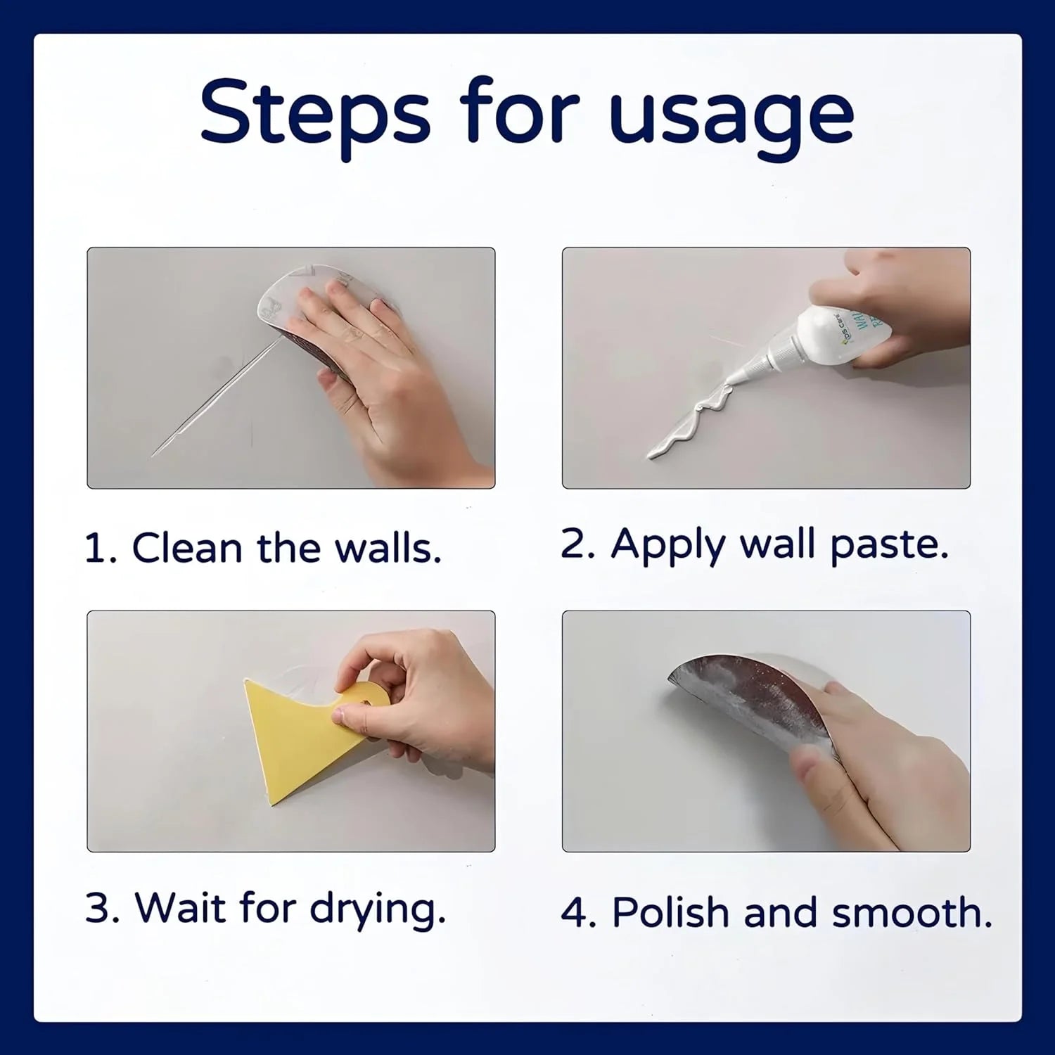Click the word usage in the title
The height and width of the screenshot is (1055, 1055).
731,116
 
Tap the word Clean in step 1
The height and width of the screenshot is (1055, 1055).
187,548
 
